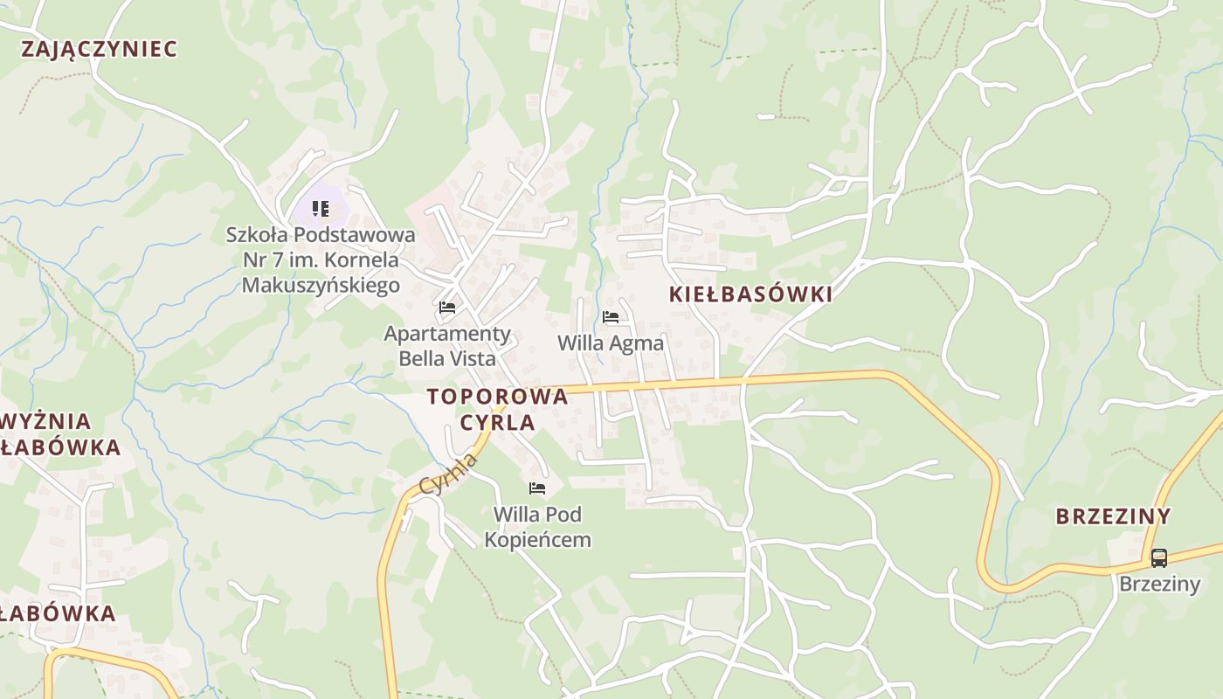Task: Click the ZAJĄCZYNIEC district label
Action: (99, 49)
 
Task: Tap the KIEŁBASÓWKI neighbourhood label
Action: (750, 294)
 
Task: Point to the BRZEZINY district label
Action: (1112, 516)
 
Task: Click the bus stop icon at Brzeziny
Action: (1158, 557)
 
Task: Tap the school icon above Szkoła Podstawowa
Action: (321, 209)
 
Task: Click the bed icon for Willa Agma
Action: (611, 317)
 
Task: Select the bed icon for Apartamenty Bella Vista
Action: (447, 308)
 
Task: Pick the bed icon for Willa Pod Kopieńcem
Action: (537, 488)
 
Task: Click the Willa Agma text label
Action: (611, 343)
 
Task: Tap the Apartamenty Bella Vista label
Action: (447, 346)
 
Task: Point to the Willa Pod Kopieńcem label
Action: (537, 527)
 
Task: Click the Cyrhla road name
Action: (448, 474)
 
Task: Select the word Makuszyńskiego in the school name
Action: (321, 285)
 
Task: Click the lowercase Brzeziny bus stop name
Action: (1160, 584)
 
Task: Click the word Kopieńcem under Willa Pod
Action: (537, 540)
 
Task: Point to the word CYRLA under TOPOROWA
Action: (497, 422)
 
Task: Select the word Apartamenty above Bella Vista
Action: (447, 334)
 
